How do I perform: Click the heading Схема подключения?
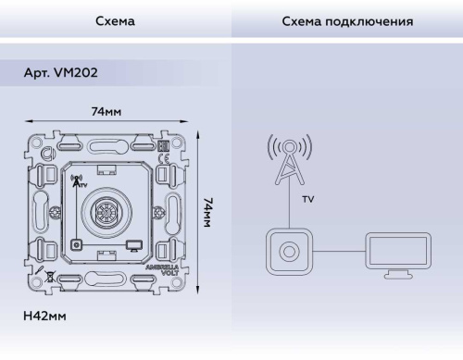[x=346, y=19]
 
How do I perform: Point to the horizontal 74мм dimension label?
[x=106, y=111]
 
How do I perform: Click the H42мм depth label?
[x=44, y=316]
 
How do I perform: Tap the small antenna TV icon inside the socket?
[x=77, y=180]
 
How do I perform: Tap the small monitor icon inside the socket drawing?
[x=134, y=246]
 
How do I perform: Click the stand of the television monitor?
[x=398, y=274]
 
